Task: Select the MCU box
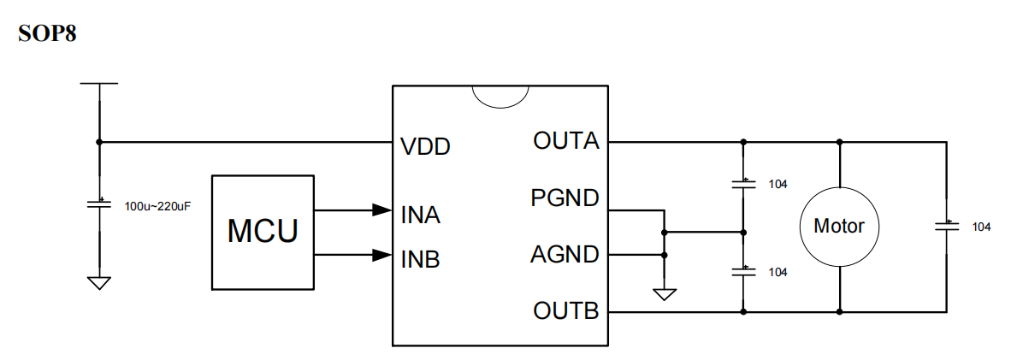click(263, 231)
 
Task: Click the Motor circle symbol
click(838, 227)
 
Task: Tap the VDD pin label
click(425, 147)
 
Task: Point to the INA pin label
click(420, 214)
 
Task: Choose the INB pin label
click(420, 259)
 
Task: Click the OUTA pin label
click(565, 141)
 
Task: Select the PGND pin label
click(565, 199)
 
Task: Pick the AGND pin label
click(565, 255)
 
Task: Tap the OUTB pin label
click(565, 310)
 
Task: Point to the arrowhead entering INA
click(381, 210)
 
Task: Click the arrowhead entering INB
click(381, 255)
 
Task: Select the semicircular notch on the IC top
click(500, 96)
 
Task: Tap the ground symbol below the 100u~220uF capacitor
click(99, 282)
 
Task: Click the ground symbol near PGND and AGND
click(664, 294)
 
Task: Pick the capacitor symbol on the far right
click(946, 226)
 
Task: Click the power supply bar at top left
click(99, 84)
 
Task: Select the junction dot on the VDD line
click(99, 142)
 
